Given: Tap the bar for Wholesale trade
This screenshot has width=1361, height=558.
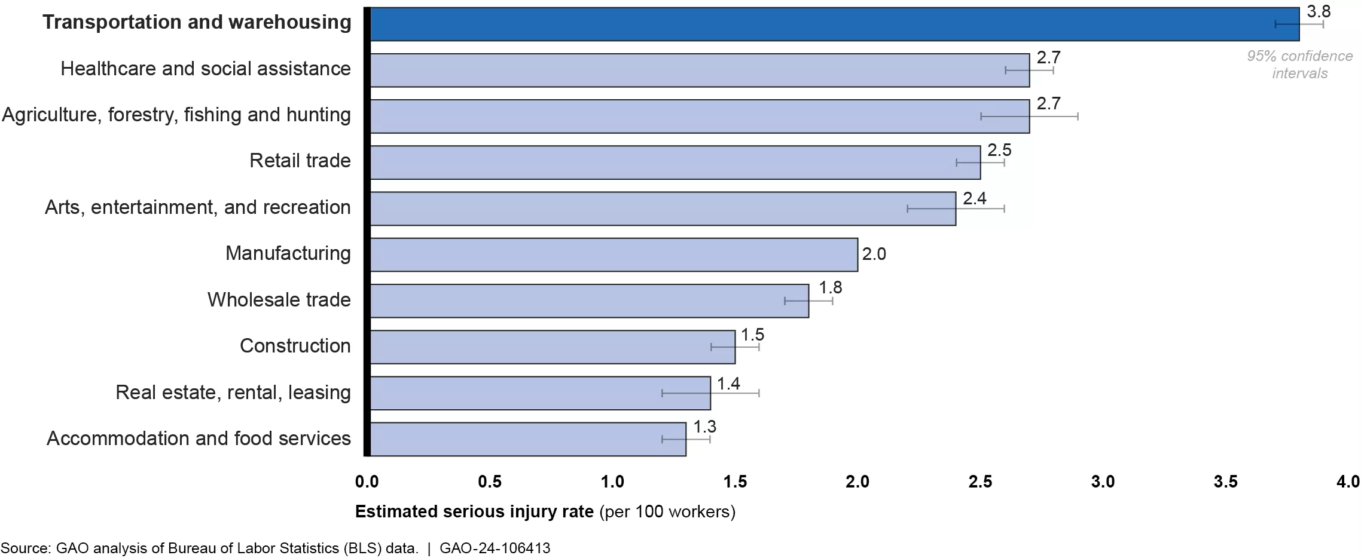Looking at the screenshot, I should click(589, 301).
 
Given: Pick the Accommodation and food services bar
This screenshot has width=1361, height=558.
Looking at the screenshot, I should click(527, 439).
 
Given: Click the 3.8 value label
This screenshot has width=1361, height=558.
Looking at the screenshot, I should click(1318, 11).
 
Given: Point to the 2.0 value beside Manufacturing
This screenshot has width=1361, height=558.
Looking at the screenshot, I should click(874, 255).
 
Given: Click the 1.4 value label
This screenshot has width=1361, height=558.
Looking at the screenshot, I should click(728, 384).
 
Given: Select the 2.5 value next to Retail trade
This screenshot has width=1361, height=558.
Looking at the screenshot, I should click(999, 150).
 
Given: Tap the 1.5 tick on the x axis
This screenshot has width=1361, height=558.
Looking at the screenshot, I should click(735, 482).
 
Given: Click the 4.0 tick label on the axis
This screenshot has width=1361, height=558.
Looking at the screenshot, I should click(1348, 482).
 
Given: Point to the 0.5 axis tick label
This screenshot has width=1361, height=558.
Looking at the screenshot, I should click(490, 482).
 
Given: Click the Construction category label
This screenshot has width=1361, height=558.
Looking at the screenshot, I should click(295, 346).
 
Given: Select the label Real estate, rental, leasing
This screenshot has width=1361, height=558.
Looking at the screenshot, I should click(233, 393).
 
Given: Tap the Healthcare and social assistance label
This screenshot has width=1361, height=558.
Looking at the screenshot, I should click(205, 69).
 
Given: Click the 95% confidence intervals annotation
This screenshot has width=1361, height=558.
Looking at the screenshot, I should click(1299, 65).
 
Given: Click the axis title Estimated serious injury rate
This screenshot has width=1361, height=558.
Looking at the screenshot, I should click(474, 512).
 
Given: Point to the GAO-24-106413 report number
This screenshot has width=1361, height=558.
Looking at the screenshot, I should click(495, 548).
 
